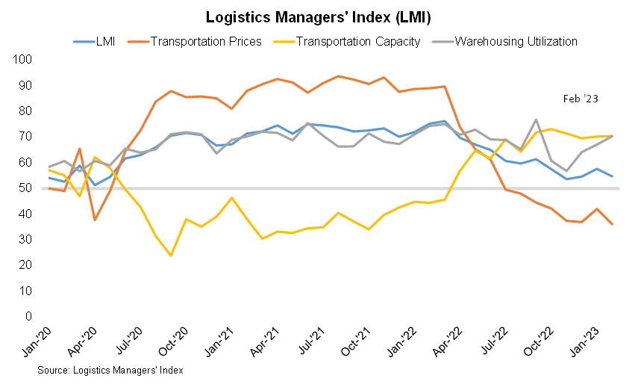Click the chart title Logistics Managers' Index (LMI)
point(318,17)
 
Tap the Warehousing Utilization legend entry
point(516,41)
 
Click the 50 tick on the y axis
point(24,188)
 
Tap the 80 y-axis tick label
point(24,111)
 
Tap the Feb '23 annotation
point(579,99)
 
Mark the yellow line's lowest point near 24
point(171,256)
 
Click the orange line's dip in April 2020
point(95,220)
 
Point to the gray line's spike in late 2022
point(537,120)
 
